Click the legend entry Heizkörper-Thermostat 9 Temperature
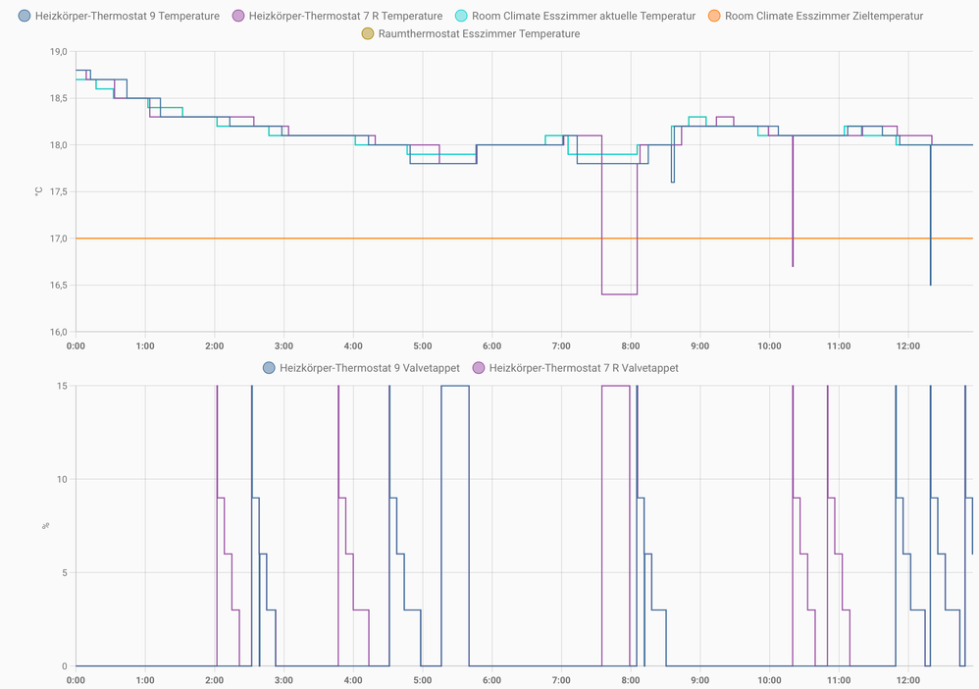(x=119, y=16)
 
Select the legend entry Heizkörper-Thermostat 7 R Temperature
(x=336, y=16)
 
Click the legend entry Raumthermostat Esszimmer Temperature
(x=470, y=33)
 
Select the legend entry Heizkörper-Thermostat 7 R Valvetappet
(x=575, y=368)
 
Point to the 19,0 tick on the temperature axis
(x=58, y=52)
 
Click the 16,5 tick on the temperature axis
(x=58, y=286)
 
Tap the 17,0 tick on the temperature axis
(x=58, y=238)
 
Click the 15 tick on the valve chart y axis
(x=62, y=386)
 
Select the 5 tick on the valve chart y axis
(x=65, y=573)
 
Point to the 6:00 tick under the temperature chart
(x=492, y=346)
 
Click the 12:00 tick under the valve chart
(x=908, y=680)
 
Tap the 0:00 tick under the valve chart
(x=76, y=680)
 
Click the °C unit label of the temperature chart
(x=38, y=191)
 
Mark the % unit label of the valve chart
(x=45, y=526)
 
